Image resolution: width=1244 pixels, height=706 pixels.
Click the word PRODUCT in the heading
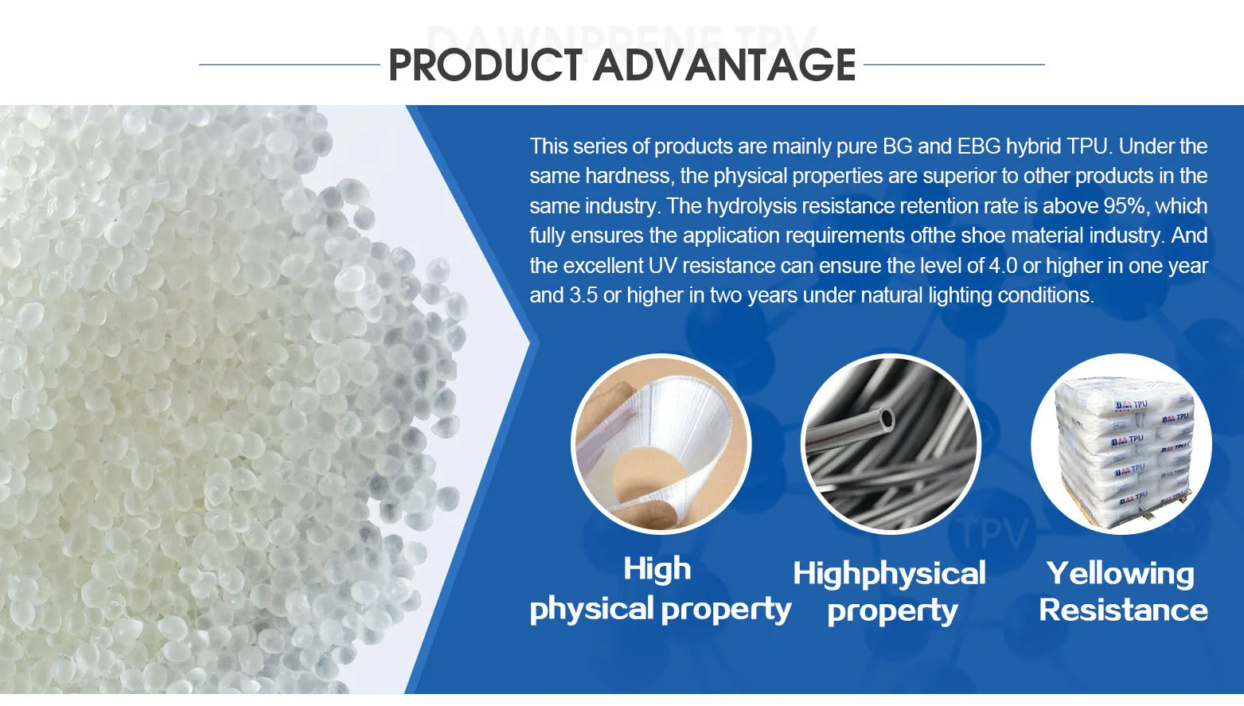(486, 65)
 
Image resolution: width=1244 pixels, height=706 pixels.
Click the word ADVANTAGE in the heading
(725, 65)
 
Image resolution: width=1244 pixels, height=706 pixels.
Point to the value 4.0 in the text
(1003, 266)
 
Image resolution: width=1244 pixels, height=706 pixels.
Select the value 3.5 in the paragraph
(583, 295)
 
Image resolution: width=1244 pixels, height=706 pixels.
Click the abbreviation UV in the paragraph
(662, 266)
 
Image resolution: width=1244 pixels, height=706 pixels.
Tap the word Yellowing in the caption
(1120, 575)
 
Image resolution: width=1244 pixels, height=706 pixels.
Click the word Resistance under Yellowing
(1123, 610)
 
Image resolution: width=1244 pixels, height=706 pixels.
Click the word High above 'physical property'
(657, 569)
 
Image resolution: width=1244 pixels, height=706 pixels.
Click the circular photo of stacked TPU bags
(1121, 444)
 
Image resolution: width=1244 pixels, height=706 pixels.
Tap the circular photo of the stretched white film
(661, 444)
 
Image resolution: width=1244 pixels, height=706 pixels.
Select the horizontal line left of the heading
(290, 64)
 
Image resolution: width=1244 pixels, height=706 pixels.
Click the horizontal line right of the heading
(954, 64)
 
